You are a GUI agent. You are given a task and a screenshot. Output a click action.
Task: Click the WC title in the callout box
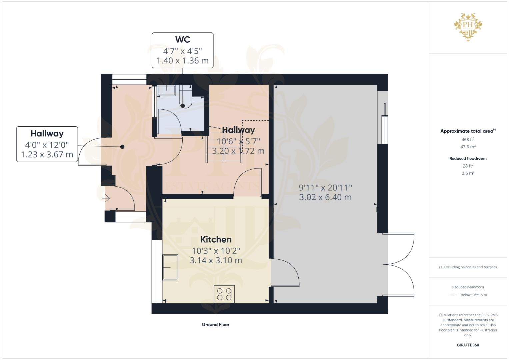[x=183, y=40]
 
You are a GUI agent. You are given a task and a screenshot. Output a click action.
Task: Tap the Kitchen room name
[x=216, y=240]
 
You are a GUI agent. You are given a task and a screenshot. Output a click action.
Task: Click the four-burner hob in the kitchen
[x=224, y=294]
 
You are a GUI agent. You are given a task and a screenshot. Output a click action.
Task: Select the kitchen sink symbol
[x=170, y=267]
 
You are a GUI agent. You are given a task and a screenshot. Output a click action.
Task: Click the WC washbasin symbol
[x=166, y=90]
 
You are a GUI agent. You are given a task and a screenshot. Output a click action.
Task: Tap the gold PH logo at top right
[x=468, y=27]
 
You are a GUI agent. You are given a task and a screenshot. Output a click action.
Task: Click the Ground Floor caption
[x=215, y=324]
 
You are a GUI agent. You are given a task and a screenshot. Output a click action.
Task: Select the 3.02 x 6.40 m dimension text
[x=325, y=197]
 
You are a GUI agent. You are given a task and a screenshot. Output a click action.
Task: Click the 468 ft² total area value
[x=468, y=139]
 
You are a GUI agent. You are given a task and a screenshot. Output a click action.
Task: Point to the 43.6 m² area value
[x=468, y=147]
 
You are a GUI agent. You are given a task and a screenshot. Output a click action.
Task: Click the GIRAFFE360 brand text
[x=468, y=345]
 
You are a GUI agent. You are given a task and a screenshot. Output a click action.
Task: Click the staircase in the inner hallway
[x=224, y=147]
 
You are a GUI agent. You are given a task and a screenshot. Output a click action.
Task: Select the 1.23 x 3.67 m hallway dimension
[x=47, y=155]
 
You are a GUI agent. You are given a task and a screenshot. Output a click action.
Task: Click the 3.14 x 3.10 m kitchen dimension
[x=216, y=260]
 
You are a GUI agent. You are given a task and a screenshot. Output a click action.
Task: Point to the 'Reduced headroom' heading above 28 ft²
[x=468, y=158]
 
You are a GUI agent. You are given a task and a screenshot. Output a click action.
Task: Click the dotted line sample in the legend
[x=453, y=295]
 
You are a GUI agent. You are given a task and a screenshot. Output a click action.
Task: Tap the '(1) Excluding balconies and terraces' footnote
[x=468, y=267]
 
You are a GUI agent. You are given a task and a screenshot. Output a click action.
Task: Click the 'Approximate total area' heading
[x=467, y=131]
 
